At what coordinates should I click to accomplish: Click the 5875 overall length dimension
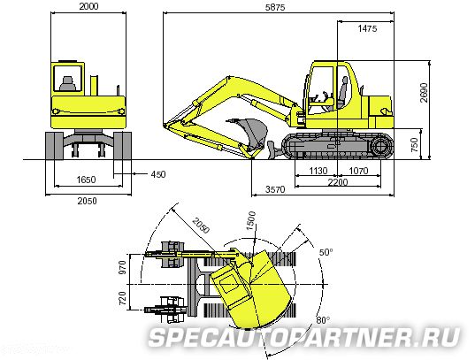(x=275, y=7)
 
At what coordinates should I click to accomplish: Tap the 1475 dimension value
(x=367, y=28)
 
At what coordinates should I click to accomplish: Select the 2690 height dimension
(x=424, y=93)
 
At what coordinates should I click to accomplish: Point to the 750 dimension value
(x=415, y=145)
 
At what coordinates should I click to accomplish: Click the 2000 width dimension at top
(x=88, y=6)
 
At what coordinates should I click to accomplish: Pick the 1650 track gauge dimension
(x=86, y=180)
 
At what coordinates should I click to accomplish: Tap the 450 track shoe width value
(x=158, y=174)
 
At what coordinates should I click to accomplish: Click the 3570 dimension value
(x=275, y=189)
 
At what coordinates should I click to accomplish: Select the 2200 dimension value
(x=338, y=182)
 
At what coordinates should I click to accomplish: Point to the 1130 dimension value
(x=318, y=171)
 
